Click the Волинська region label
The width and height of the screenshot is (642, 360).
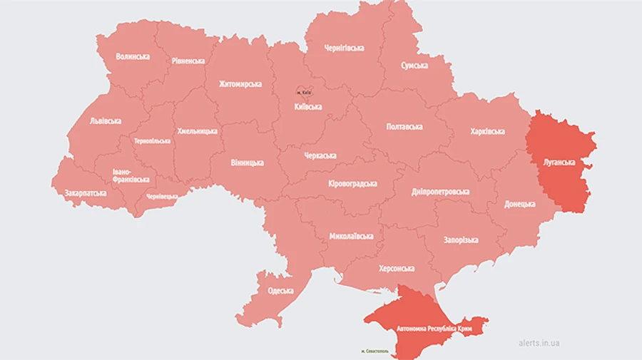[133, 56]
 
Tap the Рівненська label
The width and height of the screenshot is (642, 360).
[188, 61]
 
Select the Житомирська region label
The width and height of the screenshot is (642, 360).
[240, 84]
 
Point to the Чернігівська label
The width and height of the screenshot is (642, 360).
[344, 48]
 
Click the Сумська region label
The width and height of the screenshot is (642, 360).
[414, 66]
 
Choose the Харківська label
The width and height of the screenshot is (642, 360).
[488, 131]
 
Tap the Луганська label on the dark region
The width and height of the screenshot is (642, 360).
[559, 163]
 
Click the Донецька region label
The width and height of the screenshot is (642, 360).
[519, 204]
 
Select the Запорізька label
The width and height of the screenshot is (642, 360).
[461, 240]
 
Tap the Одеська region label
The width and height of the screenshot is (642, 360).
[280, 291]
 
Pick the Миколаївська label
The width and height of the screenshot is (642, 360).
[351, 236]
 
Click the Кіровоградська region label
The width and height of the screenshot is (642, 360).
[352, 184]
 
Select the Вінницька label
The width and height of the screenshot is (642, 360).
[247, 163]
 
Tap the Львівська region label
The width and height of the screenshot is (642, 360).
[106, 121]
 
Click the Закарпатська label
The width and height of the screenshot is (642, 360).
[86, 193]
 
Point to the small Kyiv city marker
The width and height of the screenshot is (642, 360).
[305, 92]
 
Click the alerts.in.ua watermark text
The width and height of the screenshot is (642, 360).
[539, 343]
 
